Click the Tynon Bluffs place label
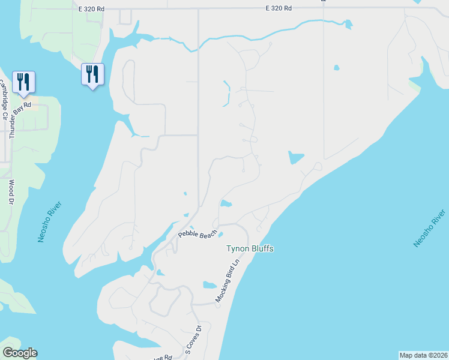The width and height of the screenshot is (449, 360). coord(250,248)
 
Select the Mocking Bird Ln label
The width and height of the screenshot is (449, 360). coord(228,281)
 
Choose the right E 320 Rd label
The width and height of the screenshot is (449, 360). coord(279,8)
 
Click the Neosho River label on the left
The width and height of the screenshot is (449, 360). coord(50,221)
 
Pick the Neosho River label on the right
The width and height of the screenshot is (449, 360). coord(430,229)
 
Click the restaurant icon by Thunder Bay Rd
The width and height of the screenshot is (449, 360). coord(23,81)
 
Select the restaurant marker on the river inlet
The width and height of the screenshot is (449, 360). coord(92,74)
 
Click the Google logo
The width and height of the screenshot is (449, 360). coord(20,353)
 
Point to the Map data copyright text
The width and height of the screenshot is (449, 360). coord(423,355)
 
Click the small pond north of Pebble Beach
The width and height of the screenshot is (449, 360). coord(226,204)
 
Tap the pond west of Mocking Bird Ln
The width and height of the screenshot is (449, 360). coord(209,285)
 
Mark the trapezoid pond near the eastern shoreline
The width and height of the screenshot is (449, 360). coord(296,158)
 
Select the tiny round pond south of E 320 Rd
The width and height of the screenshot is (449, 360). coord(336,67)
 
